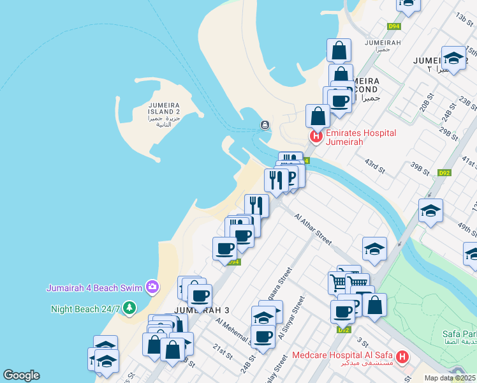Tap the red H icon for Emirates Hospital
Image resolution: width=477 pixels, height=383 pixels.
coord(315,136)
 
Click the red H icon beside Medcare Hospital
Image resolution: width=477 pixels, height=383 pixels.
coord(402,357)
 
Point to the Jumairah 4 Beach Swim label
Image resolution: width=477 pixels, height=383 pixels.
coord(94,288)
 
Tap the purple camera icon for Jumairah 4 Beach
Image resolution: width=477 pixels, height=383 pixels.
coord(152,287)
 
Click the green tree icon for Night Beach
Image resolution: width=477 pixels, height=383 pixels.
coord(130,308)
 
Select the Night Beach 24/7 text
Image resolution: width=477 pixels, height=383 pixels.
coord(85,309)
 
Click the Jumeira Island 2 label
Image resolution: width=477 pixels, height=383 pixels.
coord(165,112)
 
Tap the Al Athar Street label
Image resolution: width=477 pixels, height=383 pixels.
coord(312,229)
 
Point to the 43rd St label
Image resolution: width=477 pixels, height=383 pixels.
coord(375,167)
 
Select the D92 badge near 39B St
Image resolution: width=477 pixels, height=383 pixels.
coord(444,173)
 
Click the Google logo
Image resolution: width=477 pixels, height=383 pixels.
coord(21,375)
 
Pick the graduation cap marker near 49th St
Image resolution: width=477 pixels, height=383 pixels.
coord(431,211)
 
